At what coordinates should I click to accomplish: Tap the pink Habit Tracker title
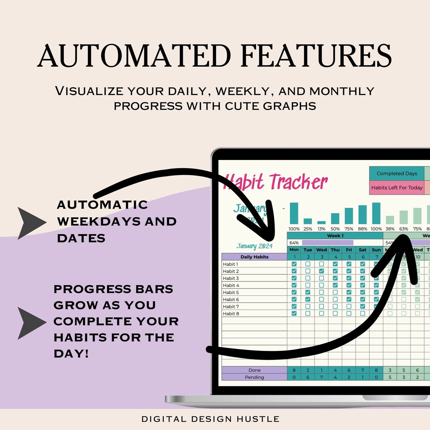point(275,182)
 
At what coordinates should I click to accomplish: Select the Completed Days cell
point(396,174)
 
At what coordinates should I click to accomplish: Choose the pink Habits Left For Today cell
point(396,187)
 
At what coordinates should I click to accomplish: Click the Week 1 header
point(335,235)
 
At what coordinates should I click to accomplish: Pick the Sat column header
point(362,250)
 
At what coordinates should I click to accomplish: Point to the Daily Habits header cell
point(254,257)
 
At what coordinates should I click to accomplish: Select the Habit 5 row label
point(231,292)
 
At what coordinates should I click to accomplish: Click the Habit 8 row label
point(231,313)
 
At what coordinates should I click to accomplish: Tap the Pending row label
point(254,377)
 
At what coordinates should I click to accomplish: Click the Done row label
point(254,370)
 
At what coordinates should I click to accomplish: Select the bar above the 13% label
point(321,223)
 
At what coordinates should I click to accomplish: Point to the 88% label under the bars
point(362,229)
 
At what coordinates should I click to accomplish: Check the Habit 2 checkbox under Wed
point(321,271)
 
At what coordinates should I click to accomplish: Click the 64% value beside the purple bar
point(294,243)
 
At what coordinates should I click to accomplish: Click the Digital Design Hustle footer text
point(210,419)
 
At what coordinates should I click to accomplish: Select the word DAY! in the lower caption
point(71,353)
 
